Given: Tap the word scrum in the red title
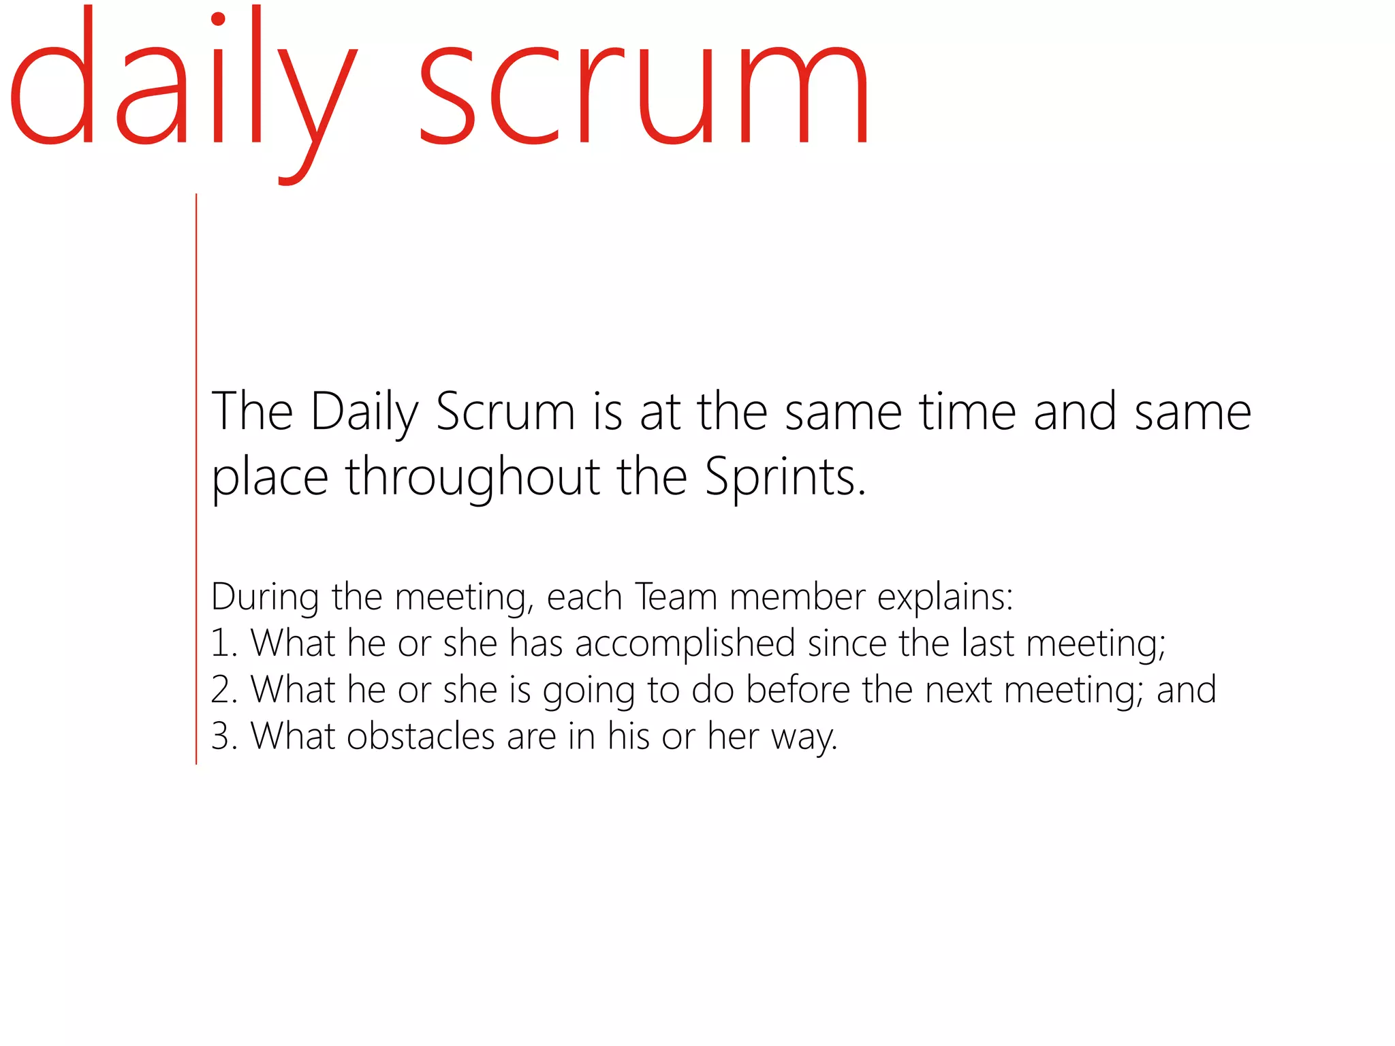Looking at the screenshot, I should click(644, 92).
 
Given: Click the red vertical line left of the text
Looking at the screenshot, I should click(196, 477).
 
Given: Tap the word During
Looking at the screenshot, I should click(265, 597).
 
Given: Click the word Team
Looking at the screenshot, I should click(676, 597).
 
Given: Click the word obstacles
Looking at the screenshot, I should click(420, 736).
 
